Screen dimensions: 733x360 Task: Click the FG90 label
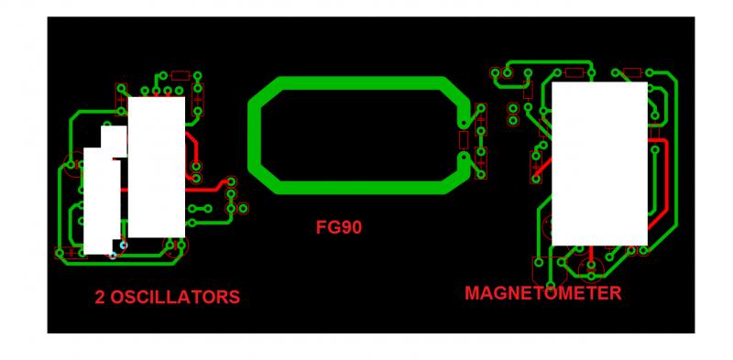coord(339,228)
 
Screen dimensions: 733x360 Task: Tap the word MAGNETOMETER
coord(543,293)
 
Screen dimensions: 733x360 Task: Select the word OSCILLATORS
coord(175,298)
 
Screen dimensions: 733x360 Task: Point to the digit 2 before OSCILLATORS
coord(100,298)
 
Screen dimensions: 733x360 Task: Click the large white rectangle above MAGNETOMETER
coord(600,164)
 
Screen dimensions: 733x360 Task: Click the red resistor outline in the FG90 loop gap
coord(464,139)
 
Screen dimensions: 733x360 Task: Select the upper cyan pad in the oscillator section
coord(124,245)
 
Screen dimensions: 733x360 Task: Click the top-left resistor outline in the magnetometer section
coord(574,72)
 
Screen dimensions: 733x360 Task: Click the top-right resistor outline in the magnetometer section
coord(632,72)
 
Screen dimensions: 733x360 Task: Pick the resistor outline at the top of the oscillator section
coord(181,75)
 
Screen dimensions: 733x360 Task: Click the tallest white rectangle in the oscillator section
coord(157,167)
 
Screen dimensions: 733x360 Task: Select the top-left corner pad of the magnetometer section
coord(496,73)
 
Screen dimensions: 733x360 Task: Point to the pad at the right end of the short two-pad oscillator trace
coord(208,209)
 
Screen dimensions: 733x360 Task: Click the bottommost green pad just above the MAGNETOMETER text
coord(551,286)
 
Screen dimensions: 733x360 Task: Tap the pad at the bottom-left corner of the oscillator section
coord(60,254)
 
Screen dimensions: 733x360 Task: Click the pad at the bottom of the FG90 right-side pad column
coord(480,174)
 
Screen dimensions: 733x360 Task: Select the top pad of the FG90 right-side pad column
coord(481,108)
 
